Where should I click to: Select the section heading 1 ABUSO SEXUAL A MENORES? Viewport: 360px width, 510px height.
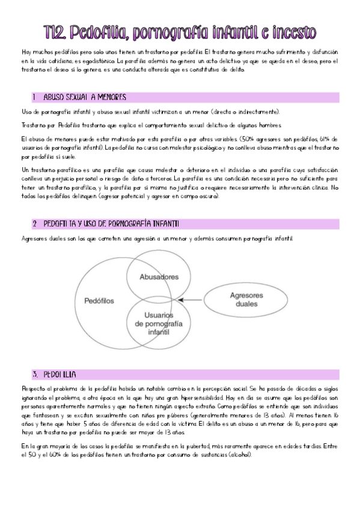tap(78, 97)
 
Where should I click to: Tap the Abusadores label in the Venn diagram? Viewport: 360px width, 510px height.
tap(159, 277)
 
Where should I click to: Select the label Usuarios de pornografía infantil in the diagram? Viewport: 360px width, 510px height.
tap(159, 323)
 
